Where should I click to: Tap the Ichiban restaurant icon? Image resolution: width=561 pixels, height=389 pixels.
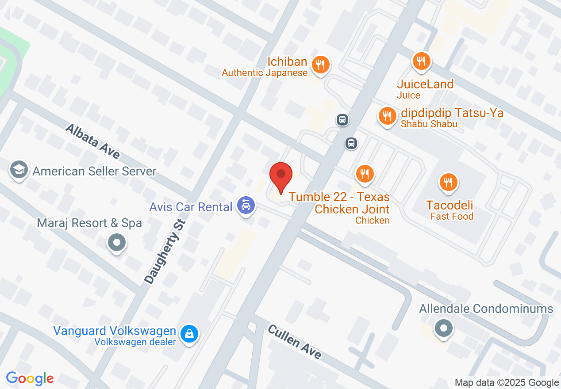(319, 65)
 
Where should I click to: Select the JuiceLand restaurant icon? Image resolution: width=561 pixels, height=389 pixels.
(421, 61)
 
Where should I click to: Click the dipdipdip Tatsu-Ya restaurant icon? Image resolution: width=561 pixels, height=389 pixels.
(387, 116)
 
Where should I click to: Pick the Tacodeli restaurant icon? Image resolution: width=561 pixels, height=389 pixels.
(449, 182)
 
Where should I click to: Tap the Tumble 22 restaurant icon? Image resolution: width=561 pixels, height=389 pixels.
(365, 173)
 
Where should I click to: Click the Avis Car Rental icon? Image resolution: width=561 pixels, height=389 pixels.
(246, 205)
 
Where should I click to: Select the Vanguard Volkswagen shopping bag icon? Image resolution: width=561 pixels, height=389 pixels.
(189, 333)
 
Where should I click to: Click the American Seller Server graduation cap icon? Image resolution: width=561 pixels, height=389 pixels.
(19, 170)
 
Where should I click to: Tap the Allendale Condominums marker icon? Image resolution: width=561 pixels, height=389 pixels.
(443, 328)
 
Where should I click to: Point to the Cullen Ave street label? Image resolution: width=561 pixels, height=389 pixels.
(294, 342)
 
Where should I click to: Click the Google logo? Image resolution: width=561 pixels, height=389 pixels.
(30, 378)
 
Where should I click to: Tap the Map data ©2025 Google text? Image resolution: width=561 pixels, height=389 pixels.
(507, 383)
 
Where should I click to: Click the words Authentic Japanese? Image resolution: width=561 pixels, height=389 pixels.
(265, 73)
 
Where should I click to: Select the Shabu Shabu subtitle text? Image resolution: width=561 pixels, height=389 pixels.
(429, 124)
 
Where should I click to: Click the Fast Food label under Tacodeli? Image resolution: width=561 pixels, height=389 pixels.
(452, 216)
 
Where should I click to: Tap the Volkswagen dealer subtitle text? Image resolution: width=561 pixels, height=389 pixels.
(135, 342)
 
